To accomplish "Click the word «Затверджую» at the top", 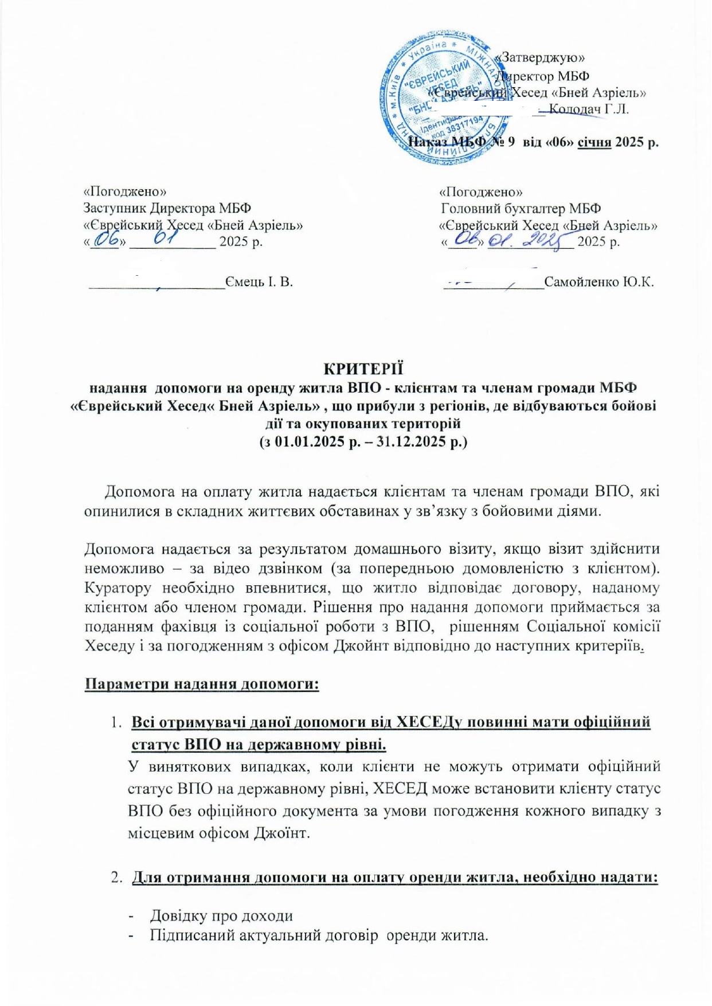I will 542,57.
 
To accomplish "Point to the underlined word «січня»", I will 593,142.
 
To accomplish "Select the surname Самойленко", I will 581,281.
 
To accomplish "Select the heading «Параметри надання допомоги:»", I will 202,684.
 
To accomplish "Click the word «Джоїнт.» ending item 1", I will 281,832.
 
